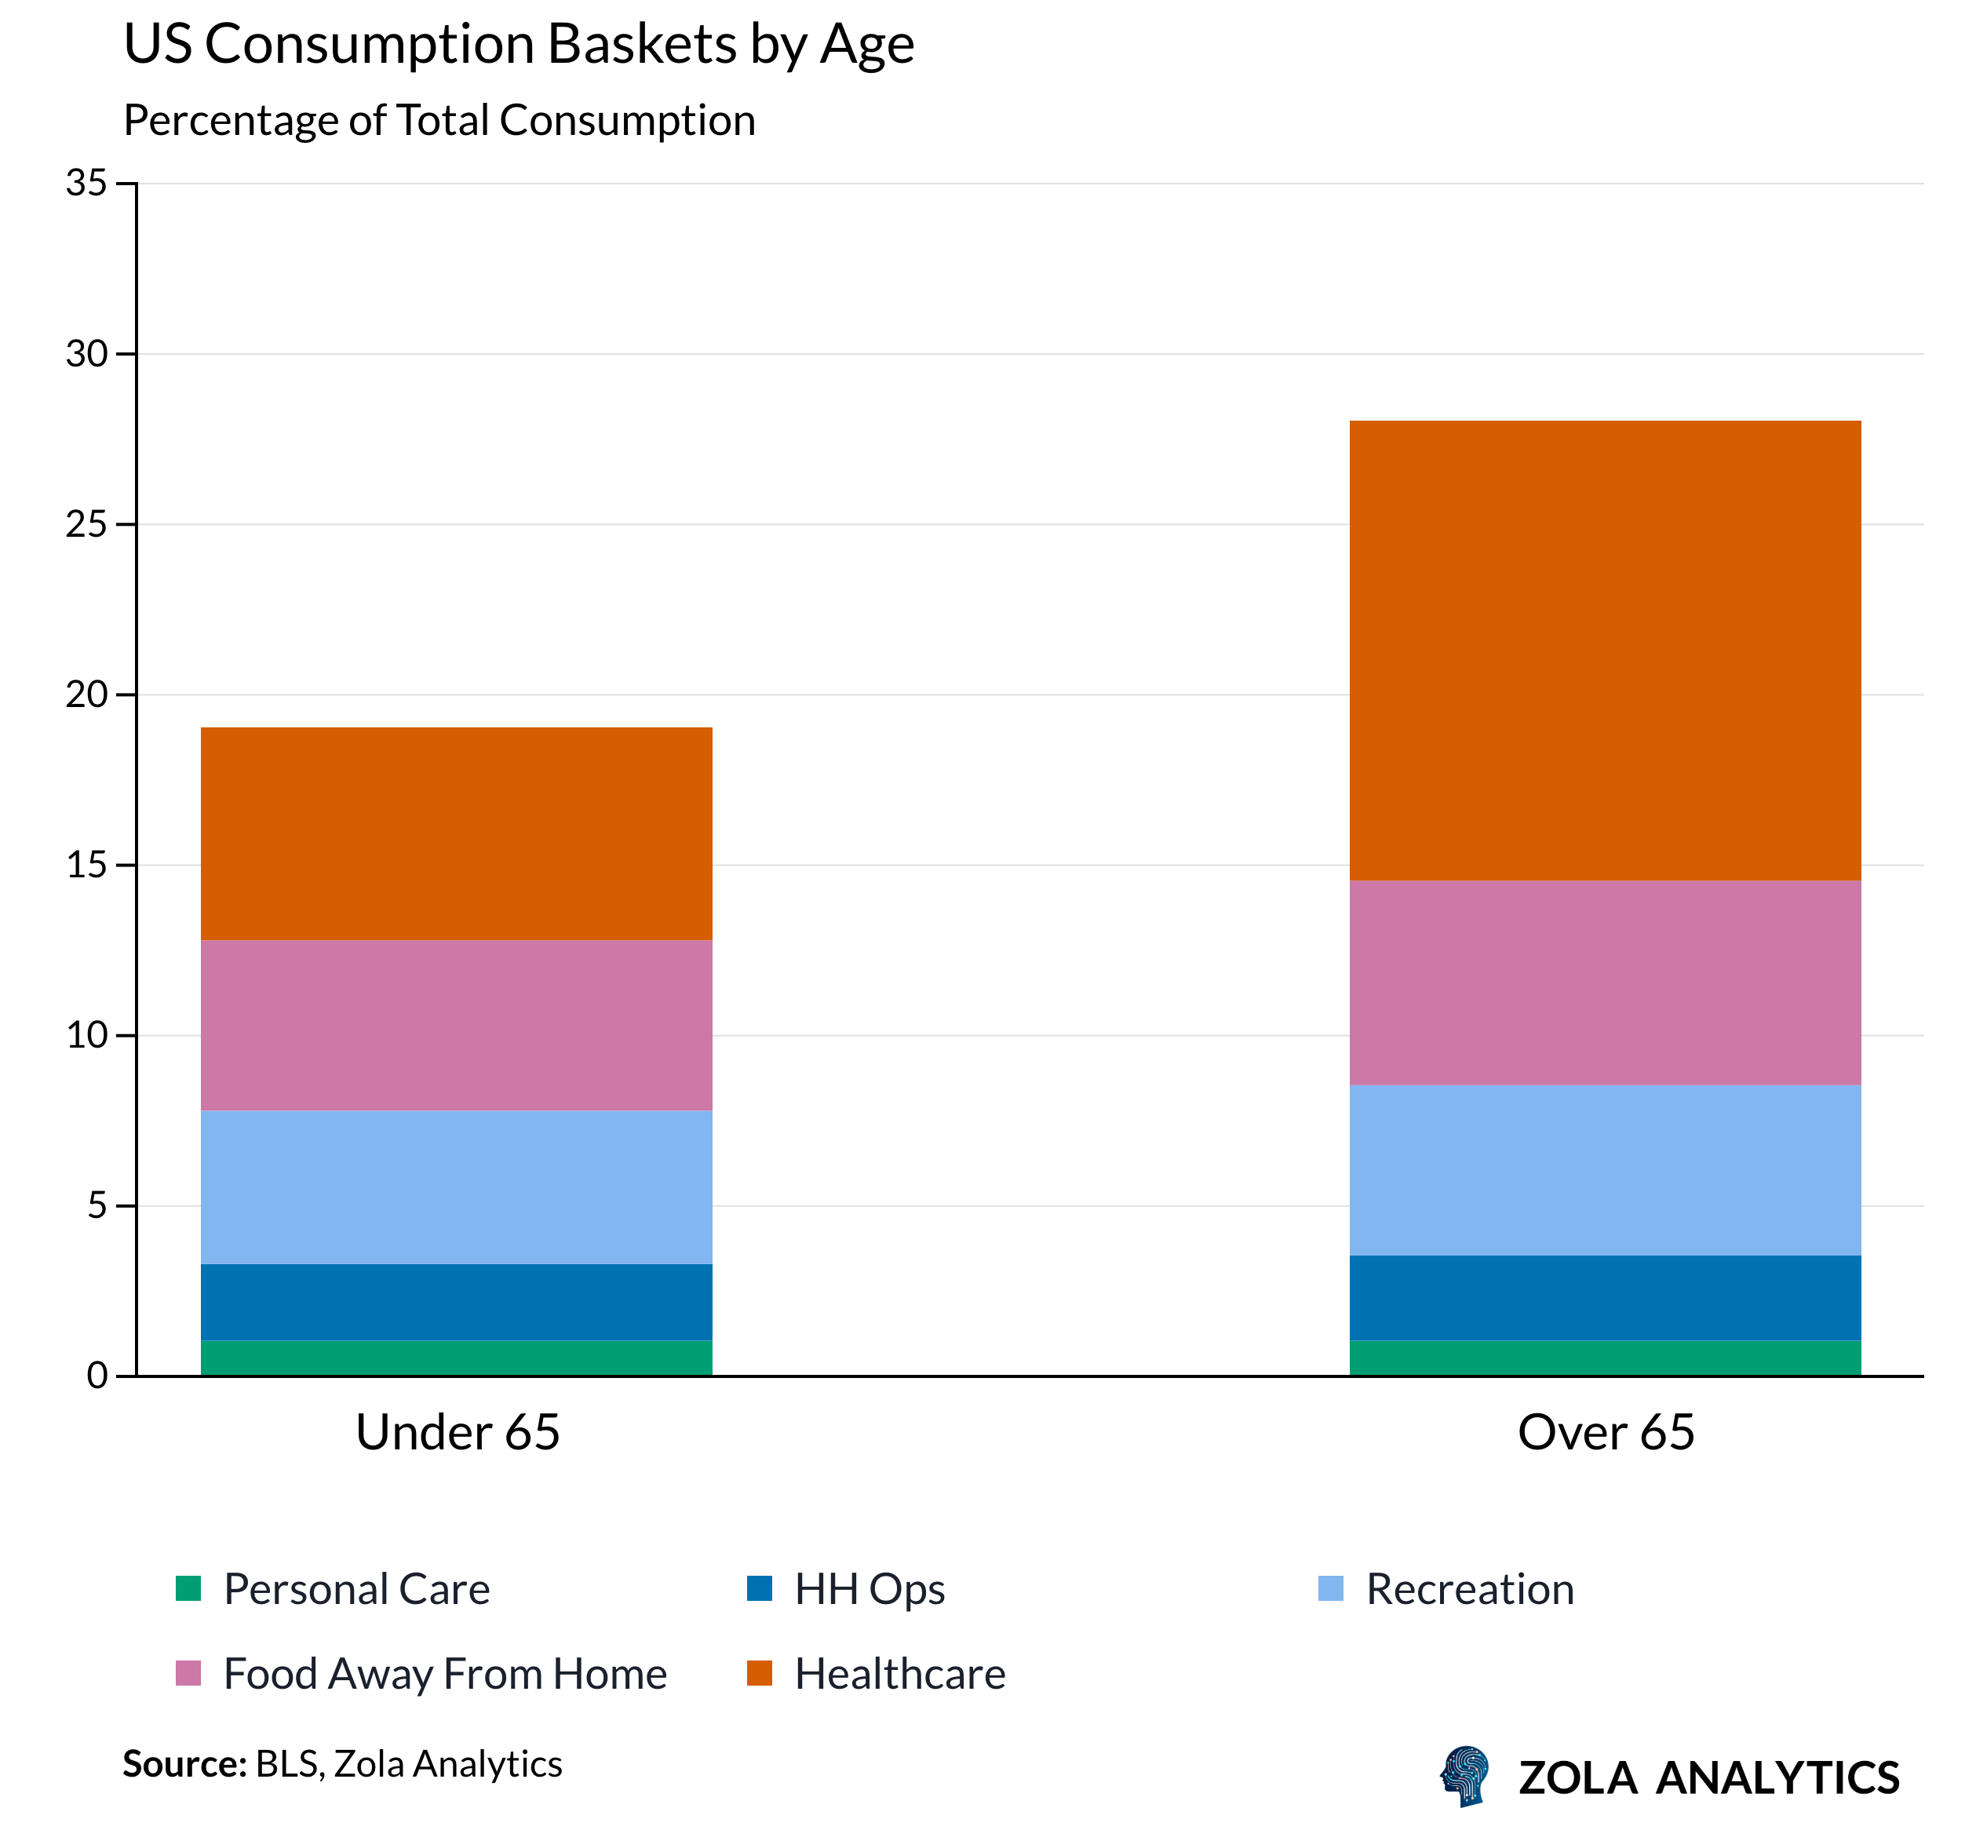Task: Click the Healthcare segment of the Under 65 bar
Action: point(457,834)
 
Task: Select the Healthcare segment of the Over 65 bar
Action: point(1605,651)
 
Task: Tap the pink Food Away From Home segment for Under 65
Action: point(457,1025)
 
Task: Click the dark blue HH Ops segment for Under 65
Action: point(457,1301)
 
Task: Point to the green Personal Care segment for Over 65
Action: point(1605,1358)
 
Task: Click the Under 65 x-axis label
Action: point(458,1432)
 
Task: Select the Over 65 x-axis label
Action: point(1606,1432)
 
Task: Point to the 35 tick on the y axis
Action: point(86,183)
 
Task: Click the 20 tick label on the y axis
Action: point(86,694)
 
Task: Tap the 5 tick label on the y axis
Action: point(96,1205)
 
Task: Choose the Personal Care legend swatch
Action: point(188,1589)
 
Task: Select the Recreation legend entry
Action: point(1469,1589)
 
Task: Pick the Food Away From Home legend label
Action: point(444,1675)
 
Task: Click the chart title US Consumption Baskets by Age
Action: point(519,45)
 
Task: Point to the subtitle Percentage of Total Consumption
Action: point(439,121)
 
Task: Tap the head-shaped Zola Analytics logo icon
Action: point(1465,1777)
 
